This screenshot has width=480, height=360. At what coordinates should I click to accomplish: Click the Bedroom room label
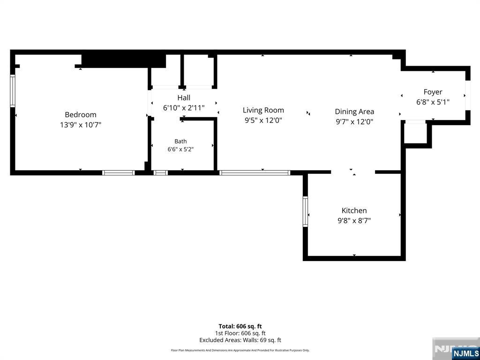click(x=81, y=115)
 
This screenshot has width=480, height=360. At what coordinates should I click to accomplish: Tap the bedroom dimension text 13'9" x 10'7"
click(x=81, y=125)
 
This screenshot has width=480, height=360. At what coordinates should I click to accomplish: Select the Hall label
click(x=184, y=97)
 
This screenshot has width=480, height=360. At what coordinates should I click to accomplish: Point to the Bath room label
click(x=180, y=142)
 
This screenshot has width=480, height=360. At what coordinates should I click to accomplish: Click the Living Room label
click(x=263, y=110)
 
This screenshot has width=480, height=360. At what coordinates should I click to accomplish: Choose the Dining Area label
click(x=354, y=112)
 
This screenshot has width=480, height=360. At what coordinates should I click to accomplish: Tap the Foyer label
click(x=433, y=92)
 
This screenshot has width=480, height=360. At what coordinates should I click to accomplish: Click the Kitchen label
click(x=354, y=210)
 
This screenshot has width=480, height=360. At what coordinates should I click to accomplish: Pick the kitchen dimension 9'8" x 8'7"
click(x=354, y=221)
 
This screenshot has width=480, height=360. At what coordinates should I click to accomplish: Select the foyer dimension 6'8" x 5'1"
click(x=433, y=102)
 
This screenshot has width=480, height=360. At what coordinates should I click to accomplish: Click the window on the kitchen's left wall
click(x=305, y=211)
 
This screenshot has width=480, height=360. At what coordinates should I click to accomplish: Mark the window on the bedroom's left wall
click(x=13, y=90)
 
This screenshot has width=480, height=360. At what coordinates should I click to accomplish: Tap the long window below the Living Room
click(x=255, y=173)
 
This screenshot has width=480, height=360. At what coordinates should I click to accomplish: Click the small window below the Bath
click(x=160, y=173)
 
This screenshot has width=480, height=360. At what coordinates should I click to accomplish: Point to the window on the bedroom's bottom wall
click(x=119, y=173)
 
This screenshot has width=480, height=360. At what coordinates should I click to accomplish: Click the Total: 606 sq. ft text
click(x=240, y=326)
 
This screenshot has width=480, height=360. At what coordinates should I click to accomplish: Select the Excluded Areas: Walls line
click(x=240, y=340)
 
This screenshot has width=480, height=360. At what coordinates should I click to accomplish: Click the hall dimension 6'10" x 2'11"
click(x=184, y=108)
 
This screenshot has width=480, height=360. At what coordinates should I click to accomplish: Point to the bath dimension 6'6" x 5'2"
click(x=180, y=150)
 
